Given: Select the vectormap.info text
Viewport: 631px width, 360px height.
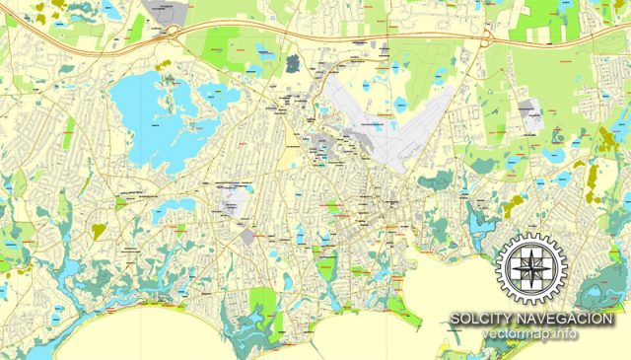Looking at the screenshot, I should (531, 334).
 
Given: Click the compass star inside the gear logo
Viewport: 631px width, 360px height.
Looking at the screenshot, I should (532, 266).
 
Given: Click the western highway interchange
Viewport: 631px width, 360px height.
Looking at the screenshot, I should (173, 32).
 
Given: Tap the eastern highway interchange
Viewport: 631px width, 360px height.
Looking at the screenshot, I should (487, 36).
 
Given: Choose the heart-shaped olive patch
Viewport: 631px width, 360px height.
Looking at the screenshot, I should (99, 230).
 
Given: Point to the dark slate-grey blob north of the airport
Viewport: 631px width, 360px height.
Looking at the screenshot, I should (293, 64).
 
